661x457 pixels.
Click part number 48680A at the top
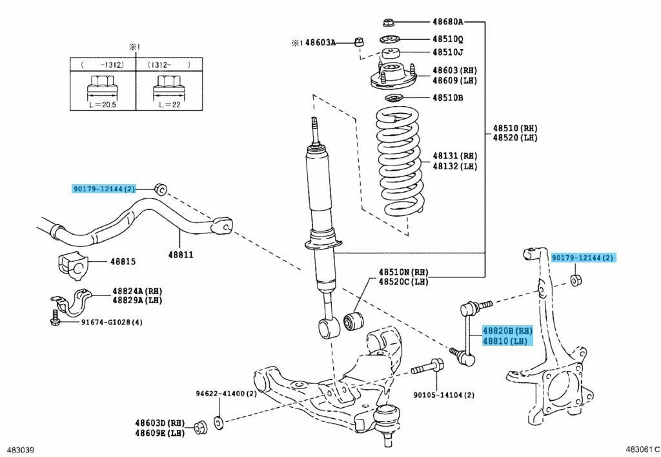pos(452,22)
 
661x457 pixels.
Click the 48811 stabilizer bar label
pos(181,255)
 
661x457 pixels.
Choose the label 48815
pos(123,262)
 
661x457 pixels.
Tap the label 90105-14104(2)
pos(444,394)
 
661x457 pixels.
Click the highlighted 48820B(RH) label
pos(506,331)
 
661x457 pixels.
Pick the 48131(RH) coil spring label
pos(454,156)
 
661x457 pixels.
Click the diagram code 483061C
pos(642,449)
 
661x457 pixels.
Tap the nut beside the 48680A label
pos(389,21)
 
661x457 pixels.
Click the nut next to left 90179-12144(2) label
pos(161,189)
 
